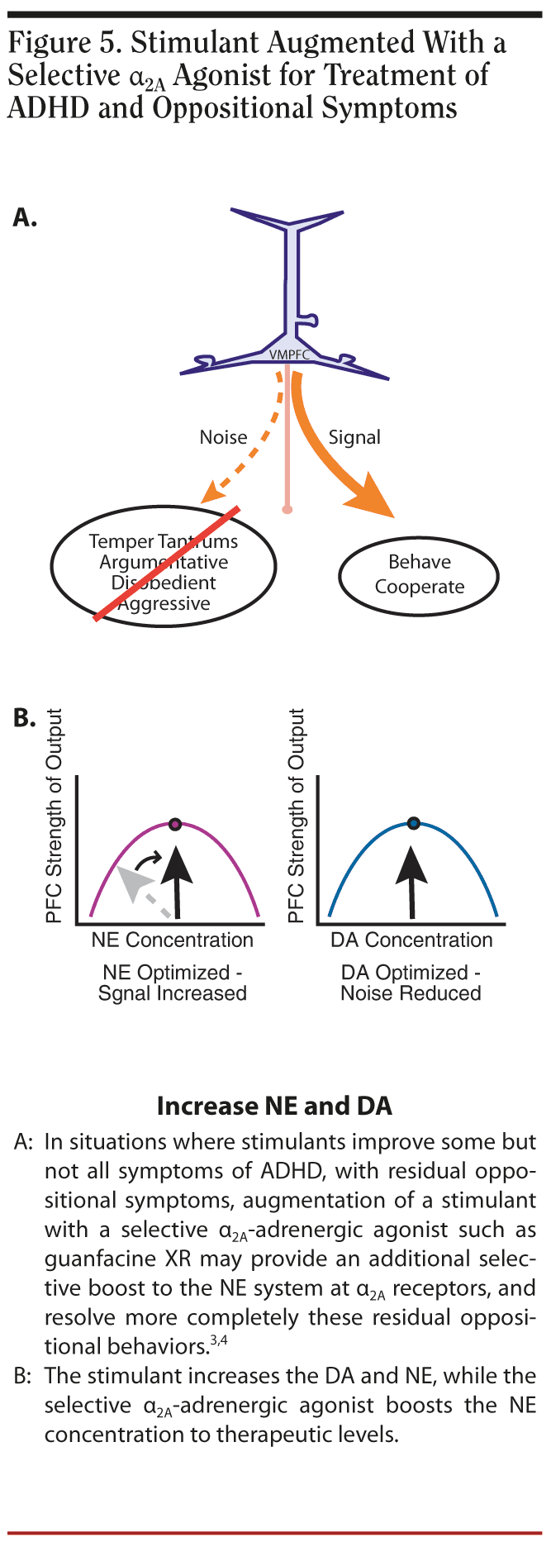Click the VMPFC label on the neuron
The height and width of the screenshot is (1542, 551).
(x=288, y=355)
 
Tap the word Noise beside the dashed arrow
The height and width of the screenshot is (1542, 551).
(x=223, y=437)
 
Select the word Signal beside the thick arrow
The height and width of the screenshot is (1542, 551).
(x=354, y=437)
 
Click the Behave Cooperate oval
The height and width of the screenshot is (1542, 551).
(x=419, y=574)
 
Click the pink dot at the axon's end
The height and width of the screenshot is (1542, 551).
(x=287, y=509)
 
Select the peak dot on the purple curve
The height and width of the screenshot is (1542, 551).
(x=174, y=824)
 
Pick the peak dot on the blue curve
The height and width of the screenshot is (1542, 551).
(x=414, y=823)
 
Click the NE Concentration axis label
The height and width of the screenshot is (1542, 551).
(x=173, y=940)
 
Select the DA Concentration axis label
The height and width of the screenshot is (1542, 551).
(x=411, y=940)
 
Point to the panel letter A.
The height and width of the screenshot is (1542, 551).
(x=25, y=218)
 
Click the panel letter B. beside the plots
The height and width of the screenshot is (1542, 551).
(x=25, y=718)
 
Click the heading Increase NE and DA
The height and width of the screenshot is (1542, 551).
(x=274, y=1106)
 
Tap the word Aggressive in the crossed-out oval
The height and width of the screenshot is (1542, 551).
(x=164, y=603)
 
